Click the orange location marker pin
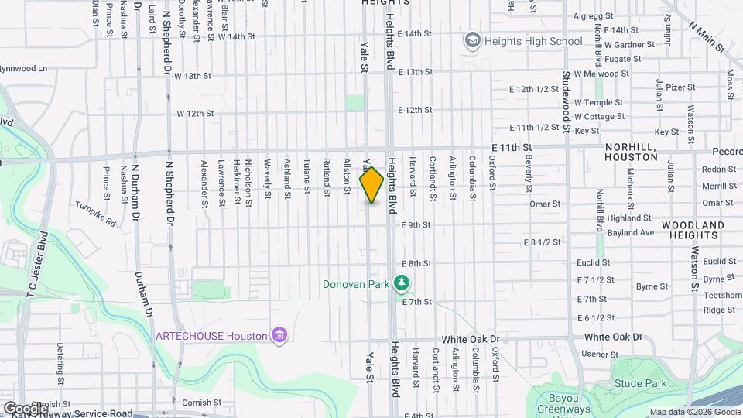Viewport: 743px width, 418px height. [371, 185]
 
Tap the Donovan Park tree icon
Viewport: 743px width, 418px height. [401, 284]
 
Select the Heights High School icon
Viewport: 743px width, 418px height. [471, 40]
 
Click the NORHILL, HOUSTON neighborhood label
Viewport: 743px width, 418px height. [631, 152]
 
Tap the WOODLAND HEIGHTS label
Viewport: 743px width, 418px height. [693, 230]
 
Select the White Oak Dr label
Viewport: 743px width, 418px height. [614, 337]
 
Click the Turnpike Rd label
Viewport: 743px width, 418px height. [95, 214]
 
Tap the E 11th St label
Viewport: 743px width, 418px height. [512, 146]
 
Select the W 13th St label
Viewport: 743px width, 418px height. [193, 76]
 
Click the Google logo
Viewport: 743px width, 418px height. [25, 408]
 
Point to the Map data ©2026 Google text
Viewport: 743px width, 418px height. [694, 412]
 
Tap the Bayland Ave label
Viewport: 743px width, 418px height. [631, 232]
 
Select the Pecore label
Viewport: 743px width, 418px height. [727, 152]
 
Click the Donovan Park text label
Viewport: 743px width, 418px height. [356, 284]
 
